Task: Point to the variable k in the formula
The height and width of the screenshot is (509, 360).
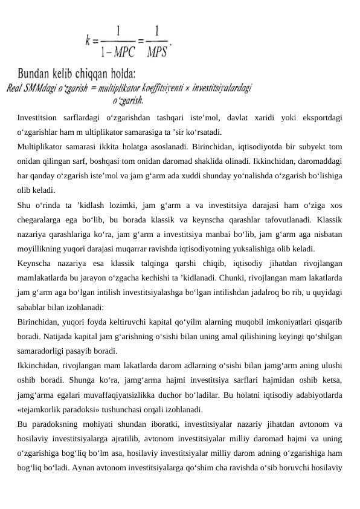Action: (89, 41)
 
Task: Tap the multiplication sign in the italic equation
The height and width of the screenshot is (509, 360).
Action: (188, 88)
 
